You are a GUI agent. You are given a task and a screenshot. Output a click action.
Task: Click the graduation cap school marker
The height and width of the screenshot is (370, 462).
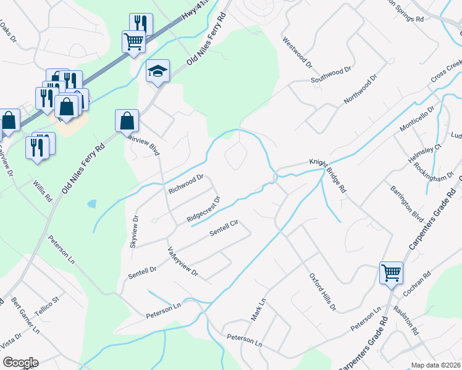[157, 71]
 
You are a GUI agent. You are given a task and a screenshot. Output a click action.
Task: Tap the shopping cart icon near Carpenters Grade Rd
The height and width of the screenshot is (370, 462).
[391, 272]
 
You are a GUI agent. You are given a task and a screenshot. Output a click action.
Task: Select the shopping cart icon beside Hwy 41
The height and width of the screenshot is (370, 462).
[133, 42]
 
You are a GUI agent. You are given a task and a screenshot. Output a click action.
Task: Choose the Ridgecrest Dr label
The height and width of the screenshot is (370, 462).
[203, 210]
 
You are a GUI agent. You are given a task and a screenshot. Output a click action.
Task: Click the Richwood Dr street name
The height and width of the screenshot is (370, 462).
[186, 183]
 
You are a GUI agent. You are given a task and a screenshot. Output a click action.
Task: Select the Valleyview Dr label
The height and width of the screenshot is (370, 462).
[183, 261]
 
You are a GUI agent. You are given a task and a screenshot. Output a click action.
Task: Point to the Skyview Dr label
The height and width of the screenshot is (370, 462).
[134, 232]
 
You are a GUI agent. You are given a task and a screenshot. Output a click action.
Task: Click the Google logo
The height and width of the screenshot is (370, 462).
[20, 363]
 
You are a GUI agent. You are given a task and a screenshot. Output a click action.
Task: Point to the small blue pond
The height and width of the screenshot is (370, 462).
[92, 203]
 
